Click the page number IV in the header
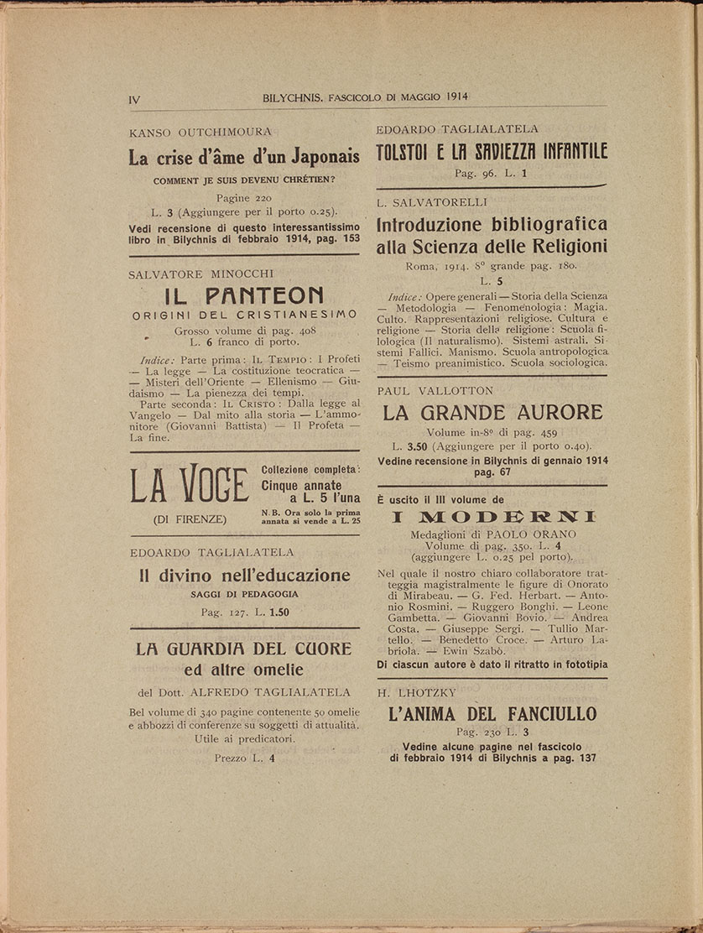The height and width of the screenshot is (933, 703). [134, 99]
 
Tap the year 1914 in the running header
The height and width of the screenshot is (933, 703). [453, 97]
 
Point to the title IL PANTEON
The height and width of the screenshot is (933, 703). [244, 295]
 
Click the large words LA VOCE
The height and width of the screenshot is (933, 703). [189, 486]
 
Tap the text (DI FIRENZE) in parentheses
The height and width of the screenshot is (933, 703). [190, 519]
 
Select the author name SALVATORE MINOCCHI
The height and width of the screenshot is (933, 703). [201, 274]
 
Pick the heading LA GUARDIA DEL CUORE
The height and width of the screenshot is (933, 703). [244, 649]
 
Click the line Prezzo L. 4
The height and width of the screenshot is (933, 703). [244, 758]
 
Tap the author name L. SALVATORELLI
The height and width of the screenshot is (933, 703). [432, 202]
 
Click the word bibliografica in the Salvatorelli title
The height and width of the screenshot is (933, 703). [546, 225]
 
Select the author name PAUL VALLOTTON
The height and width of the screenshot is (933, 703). [435, 391]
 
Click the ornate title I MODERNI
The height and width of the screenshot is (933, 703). [493, 517]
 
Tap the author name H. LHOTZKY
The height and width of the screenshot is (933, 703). [417, 693]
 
